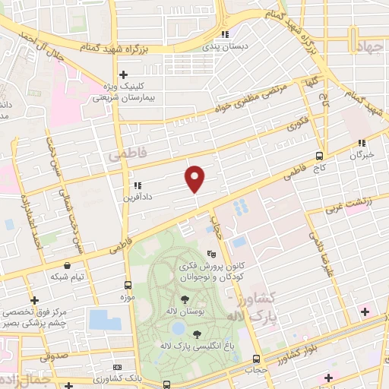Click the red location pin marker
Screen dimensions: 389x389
point(195,179)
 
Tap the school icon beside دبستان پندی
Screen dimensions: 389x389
point(224,35)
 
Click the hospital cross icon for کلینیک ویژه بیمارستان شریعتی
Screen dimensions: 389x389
point(123,74)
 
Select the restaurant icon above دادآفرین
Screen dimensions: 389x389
point(137,185)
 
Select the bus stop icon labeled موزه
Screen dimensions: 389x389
point(128,285)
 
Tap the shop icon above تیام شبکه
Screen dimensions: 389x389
point(68,266)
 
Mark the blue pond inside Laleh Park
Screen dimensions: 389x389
point(177,329)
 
